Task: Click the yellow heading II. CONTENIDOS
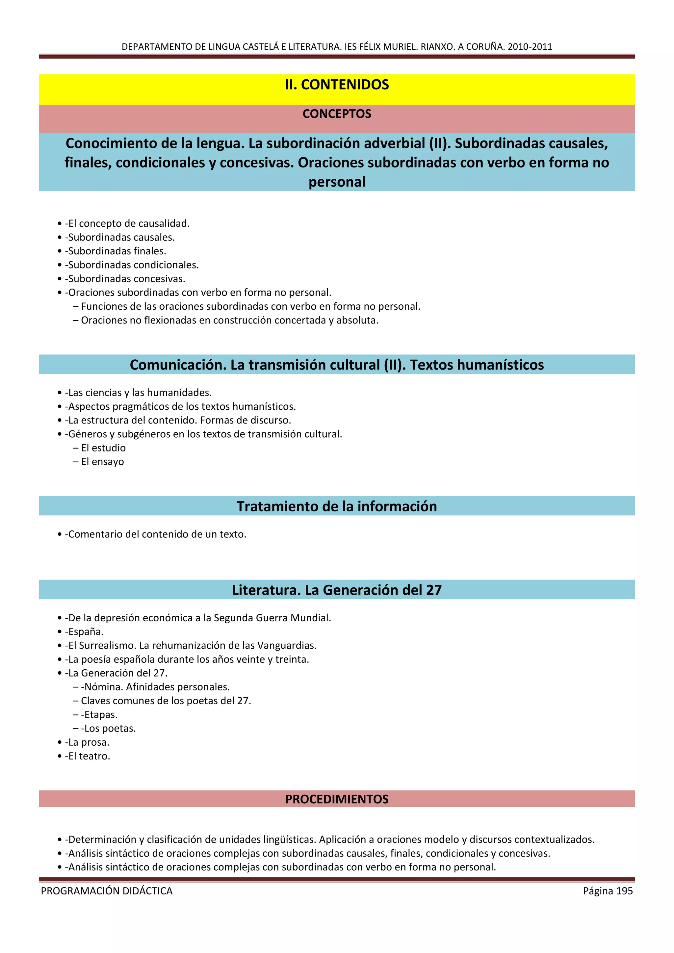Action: click(337, 85)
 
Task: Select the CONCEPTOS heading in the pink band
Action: click(337, 114)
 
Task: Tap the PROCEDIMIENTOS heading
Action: click(337, 799)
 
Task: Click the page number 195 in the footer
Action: click(624, 891)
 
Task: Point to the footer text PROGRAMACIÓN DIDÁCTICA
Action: click(107, 891)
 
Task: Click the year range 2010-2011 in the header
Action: click(530, 46)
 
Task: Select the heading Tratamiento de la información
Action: click(337, 506)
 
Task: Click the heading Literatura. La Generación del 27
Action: click(337, 590)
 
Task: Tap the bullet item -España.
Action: click(84, 632)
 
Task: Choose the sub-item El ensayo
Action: click(102, 462)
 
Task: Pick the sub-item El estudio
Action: click(103, 448)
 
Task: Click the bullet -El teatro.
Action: click(88, 756)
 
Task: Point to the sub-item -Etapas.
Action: click(99, 715)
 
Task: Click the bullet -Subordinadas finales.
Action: click(116, 251)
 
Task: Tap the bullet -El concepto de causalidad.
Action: click(127, 224)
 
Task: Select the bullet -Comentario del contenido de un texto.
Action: click(156, 534)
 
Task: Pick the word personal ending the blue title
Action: click(337, 182)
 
